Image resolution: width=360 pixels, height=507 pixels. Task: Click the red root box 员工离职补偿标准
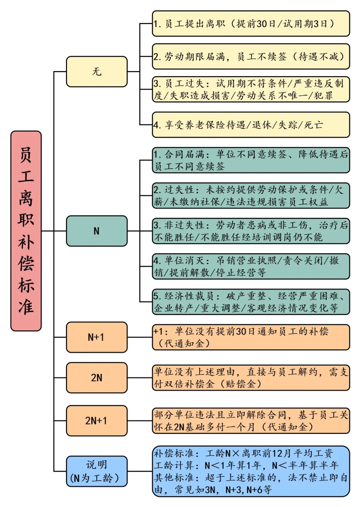(26, 231)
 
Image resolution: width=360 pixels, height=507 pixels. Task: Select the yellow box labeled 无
(97, 72)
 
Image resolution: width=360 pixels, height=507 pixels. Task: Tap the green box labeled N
(97, 231)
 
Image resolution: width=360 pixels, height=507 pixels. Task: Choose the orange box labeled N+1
(97, 337)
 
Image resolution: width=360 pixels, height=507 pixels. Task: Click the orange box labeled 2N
(97, 378)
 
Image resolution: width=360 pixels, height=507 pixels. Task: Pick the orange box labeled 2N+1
(97, 421)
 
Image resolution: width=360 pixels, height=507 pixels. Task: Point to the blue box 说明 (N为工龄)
(97, 471)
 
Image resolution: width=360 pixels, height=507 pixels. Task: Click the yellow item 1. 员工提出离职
(251, 24)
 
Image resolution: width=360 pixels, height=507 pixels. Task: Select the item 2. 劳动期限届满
(251, 56)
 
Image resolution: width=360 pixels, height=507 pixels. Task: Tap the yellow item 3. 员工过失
(251, 89)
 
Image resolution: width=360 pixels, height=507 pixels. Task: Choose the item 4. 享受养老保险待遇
(251, 125)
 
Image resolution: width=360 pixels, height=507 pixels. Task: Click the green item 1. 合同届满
(251, 160)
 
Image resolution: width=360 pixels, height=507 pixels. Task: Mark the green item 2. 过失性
(251, 195)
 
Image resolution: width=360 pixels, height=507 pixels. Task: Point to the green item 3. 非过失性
(251, 231)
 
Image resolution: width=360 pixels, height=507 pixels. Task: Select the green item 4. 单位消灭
(251, 267)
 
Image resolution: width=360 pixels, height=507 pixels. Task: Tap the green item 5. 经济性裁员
(251, 302)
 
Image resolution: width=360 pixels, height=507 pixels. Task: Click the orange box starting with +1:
(251, 337)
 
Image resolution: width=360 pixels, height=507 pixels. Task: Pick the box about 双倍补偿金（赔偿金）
(251, 378)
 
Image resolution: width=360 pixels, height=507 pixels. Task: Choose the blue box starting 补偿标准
(251, 471)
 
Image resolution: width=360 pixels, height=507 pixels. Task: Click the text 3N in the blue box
(210, 490)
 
